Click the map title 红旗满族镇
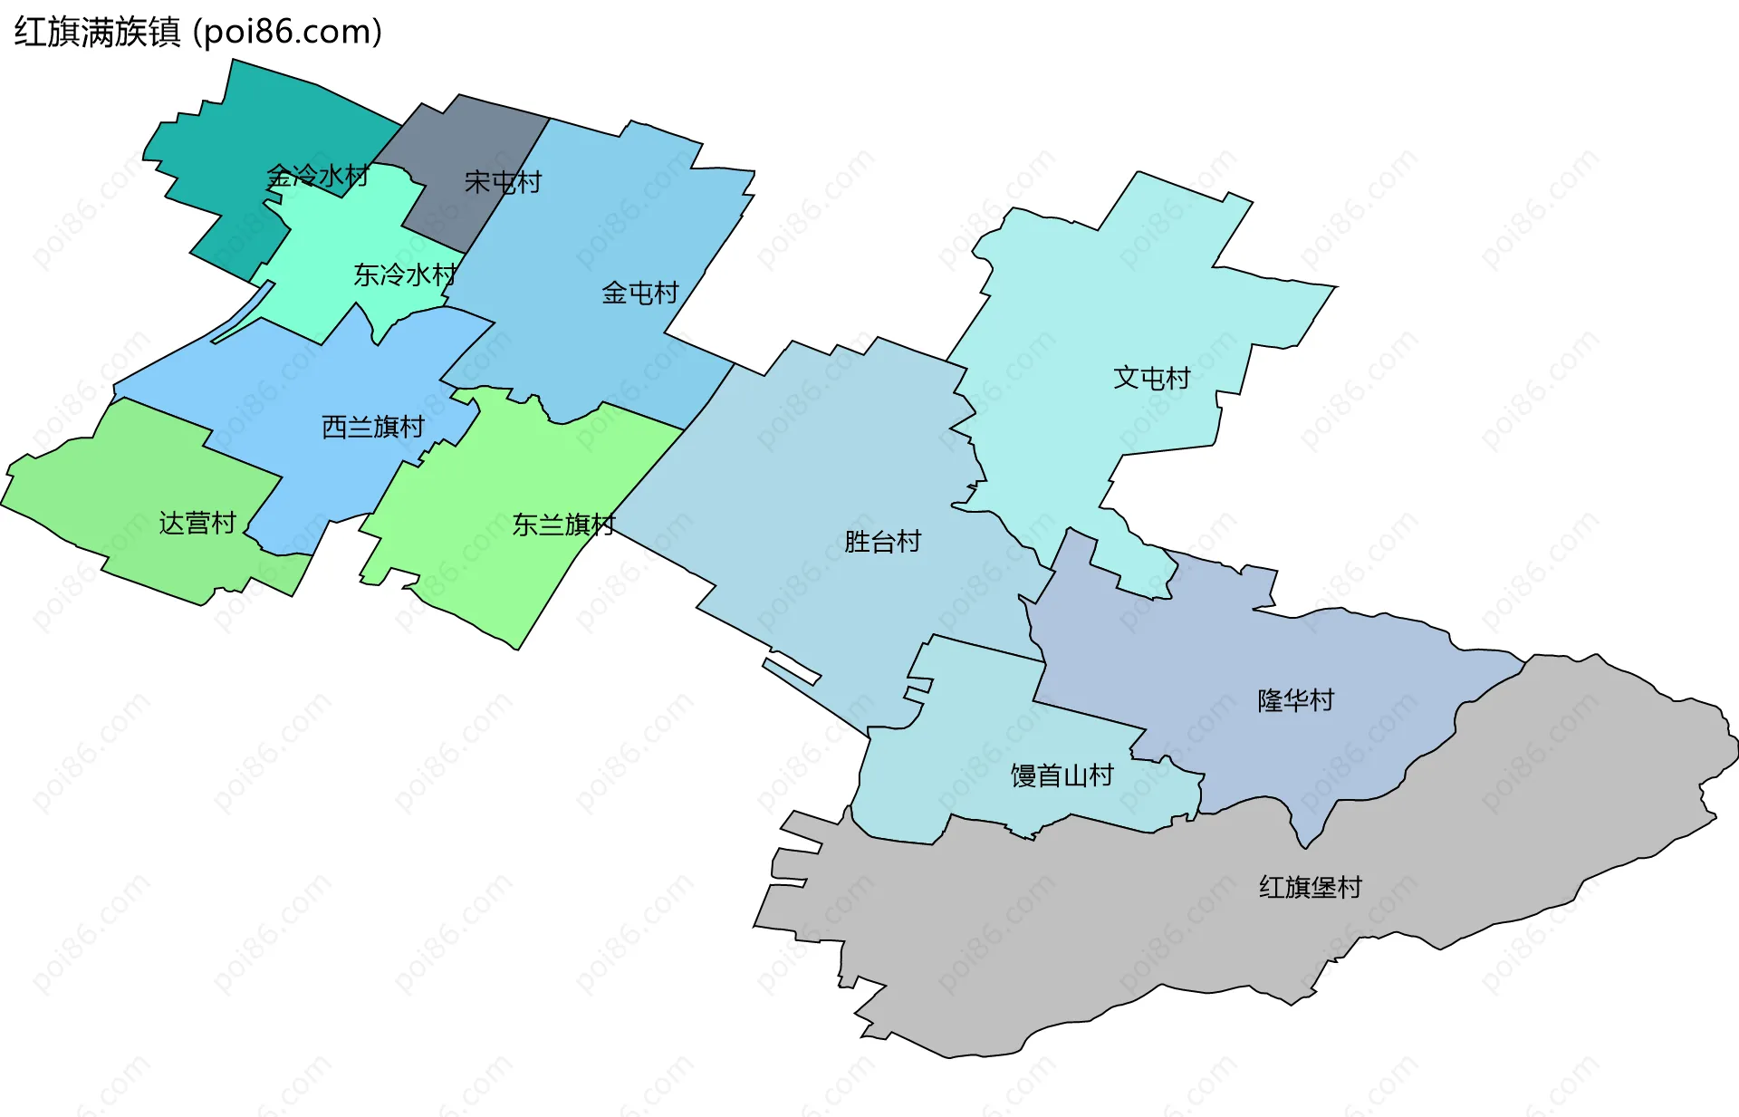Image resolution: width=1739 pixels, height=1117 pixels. click(x=98, y=33)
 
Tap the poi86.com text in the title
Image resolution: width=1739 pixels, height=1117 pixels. click(x=288, y=33)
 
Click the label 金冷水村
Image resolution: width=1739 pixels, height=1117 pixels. click(x=318, y=176)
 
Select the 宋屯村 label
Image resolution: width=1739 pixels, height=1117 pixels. click(x=503, y=182)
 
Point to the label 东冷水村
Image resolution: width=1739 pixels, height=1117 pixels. click(x=405, y=274)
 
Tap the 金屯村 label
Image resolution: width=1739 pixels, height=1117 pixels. click(x=640, y=293)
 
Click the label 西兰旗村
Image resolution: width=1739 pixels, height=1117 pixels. click(x=373, y=427)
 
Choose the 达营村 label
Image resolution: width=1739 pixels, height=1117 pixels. click(x=197, y=523)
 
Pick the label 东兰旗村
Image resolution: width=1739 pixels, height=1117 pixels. click(x=563, y=525)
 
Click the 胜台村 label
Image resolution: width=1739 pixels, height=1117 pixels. click(x=883, y=542)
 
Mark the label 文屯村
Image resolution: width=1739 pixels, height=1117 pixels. click(x=1152, y=378)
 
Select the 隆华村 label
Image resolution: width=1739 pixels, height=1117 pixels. click(x=1296, y=700)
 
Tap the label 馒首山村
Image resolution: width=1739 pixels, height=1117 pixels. click(x=1062, y=775)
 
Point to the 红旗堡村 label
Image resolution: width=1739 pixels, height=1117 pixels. click(x=1311, y=887)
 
